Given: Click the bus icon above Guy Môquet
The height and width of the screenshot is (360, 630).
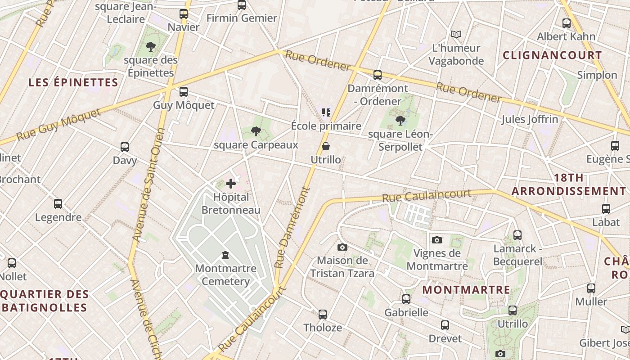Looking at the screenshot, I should [184, 92].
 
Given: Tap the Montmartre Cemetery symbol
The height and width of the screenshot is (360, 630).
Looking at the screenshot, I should [225, 255].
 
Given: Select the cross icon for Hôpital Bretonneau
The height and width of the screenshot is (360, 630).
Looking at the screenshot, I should [231, 184].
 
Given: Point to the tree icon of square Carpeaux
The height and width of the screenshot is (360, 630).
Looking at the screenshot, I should [256, 131].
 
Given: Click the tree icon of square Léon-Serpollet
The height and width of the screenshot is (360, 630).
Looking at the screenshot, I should [400, 121].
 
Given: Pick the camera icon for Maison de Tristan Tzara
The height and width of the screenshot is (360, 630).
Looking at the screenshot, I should [342, 247].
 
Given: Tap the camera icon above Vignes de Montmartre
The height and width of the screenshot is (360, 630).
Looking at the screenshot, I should [437, 240].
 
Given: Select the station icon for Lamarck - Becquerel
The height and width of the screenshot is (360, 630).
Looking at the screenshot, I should [517, 235].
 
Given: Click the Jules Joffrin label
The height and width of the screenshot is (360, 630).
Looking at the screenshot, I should [530, 119].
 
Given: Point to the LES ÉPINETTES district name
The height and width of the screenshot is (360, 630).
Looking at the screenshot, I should [73, 82].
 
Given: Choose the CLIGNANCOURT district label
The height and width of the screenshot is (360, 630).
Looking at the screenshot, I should [552, 55].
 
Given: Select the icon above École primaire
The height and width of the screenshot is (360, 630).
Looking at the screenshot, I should [326, 112].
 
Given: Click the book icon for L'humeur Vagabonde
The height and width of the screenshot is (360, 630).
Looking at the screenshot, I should [456, 34].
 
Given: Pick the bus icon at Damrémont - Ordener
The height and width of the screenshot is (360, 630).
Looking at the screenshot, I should [378, 75].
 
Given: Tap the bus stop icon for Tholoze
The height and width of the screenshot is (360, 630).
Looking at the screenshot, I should [323, 314].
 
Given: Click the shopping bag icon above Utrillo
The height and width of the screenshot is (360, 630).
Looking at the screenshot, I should [326, 146].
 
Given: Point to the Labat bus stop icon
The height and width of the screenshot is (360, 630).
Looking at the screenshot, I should [606, 208].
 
